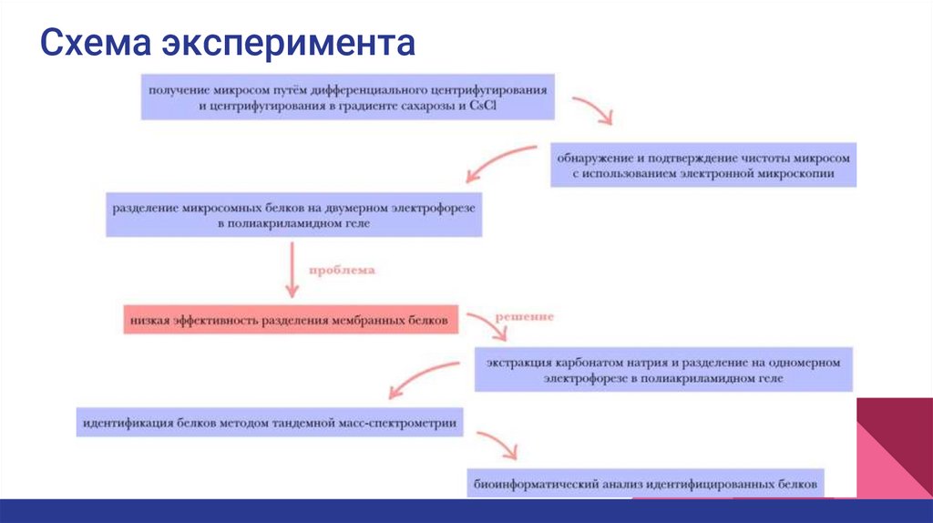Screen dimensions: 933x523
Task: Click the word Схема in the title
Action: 96,42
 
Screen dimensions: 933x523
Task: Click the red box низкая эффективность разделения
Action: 289,321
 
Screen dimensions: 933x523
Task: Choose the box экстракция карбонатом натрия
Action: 662,368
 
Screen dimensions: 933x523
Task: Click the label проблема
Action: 342,271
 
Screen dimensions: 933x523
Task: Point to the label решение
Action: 524,316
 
